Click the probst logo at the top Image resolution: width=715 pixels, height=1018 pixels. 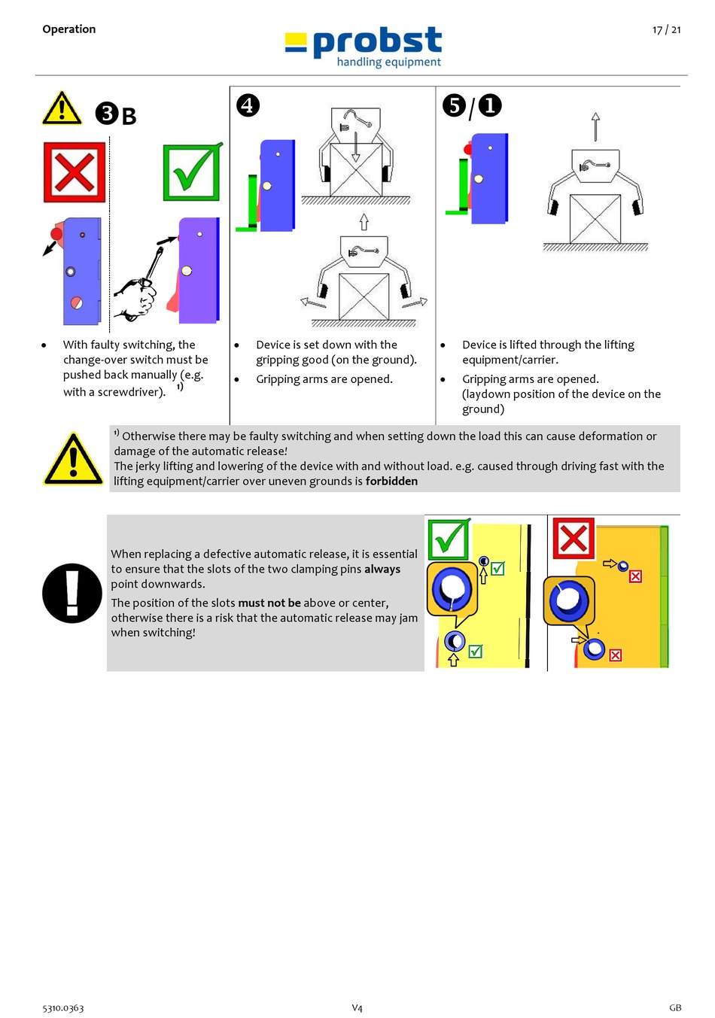tap(364, 47)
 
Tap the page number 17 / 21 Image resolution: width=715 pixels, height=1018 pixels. tap(666, 30)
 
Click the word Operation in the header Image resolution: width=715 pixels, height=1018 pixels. tap(69, 29)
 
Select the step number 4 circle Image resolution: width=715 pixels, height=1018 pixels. tap(248, 105)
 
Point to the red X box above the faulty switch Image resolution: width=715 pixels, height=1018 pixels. tap(74, 172)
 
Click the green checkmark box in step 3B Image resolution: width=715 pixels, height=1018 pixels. tap(192, 172)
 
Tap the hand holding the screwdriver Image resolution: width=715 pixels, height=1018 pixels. tap(135, 296)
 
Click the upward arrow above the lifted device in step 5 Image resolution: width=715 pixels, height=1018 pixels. tap(595, 126)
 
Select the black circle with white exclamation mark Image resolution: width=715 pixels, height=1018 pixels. tap(72, 593)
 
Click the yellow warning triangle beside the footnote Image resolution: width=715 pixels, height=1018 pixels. tap(73, 459)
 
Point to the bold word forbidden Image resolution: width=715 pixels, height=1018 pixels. tap(391, 482)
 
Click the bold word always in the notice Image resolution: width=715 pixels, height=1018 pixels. tap(382, 570)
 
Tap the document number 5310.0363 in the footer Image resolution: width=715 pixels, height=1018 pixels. tap(63, 1008)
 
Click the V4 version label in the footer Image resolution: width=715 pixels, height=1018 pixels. tap(357, 1008)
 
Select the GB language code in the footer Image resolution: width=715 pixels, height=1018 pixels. tap(675, 1008)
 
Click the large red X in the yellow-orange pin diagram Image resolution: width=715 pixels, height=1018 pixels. tap(574, 539)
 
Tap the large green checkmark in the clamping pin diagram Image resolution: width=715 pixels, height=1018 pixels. tap(449, 539)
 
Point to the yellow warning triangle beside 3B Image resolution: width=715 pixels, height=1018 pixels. tap(62, 109)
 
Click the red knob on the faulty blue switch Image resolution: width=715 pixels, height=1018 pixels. tap(56, 234)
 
